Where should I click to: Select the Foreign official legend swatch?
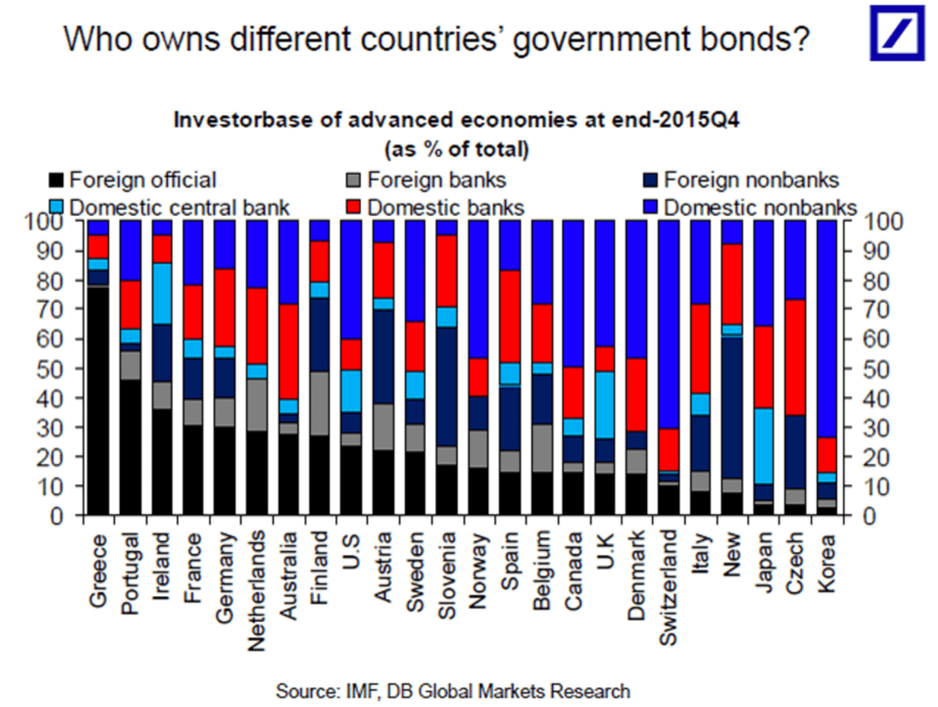pyautogui.click(x=55, y=181)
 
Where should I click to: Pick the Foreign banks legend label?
pyautogui.click(x=436, y=181)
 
